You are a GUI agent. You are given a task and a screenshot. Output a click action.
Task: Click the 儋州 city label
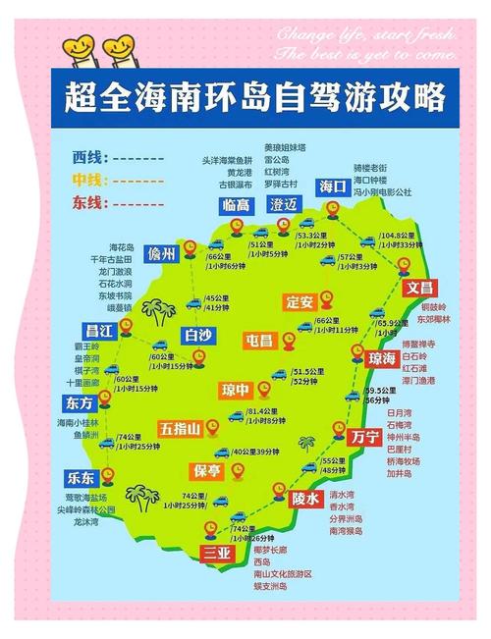coord(161,253)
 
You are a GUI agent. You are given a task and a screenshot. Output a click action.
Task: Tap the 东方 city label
coord(82,403)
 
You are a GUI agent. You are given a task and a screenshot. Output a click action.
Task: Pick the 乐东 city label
coord(82,478)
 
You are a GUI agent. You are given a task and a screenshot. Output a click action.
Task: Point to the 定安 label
coord(300,301)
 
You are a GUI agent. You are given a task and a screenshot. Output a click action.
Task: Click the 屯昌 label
coord(260,340)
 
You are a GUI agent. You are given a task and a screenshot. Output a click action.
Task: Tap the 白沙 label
coord(198,335)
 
